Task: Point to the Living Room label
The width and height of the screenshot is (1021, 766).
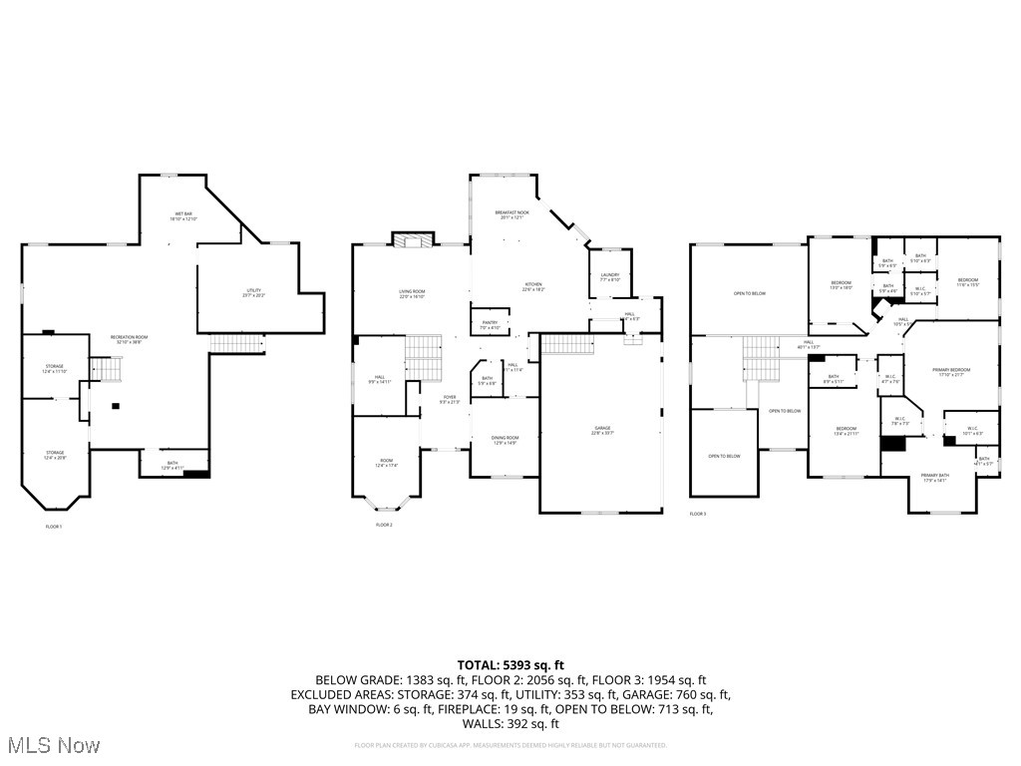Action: point(412,293)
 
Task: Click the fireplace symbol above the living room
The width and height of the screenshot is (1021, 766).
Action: point(413,239)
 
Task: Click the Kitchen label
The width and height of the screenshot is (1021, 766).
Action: point(534,286)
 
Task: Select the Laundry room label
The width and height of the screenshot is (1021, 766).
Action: point(610,277)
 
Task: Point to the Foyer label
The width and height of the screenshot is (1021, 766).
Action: point(450,399)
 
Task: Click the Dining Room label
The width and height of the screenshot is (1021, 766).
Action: point(506,440)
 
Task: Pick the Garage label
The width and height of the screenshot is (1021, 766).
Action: point(602,430)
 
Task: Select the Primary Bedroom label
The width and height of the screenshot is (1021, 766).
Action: point(951,371)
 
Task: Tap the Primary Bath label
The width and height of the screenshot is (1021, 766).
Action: point(935,477)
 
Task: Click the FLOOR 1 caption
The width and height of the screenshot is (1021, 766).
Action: point(54,526)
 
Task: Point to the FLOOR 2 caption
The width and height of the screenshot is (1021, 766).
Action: point(384,525)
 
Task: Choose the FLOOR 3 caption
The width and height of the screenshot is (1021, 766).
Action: point(697,515)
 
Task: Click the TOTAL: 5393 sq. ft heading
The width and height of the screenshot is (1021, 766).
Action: point(510,664)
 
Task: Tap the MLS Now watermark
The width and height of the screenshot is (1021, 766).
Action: point(51,745)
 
